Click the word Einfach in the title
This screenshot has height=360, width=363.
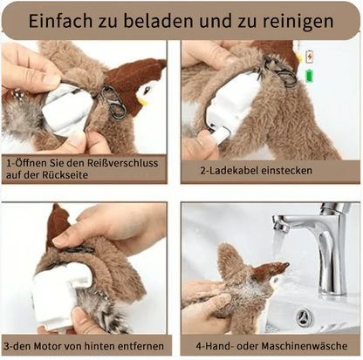(x=69, y=21)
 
